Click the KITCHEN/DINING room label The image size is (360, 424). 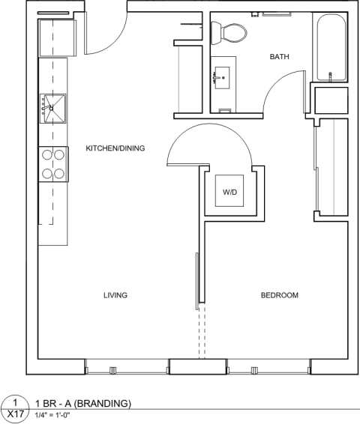pos(115,149)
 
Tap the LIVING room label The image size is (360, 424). pos(115,295)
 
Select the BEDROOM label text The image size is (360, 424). pos(279,295)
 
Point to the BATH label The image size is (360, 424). pos(280,57)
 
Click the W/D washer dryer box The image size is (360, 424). pos(229,193)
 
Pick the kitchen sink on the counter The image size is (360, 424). pos(53,108)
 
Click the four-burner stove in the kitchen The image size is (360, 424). pos(52,164)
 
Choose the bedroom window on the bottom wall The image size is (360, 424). pos(269,368)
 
